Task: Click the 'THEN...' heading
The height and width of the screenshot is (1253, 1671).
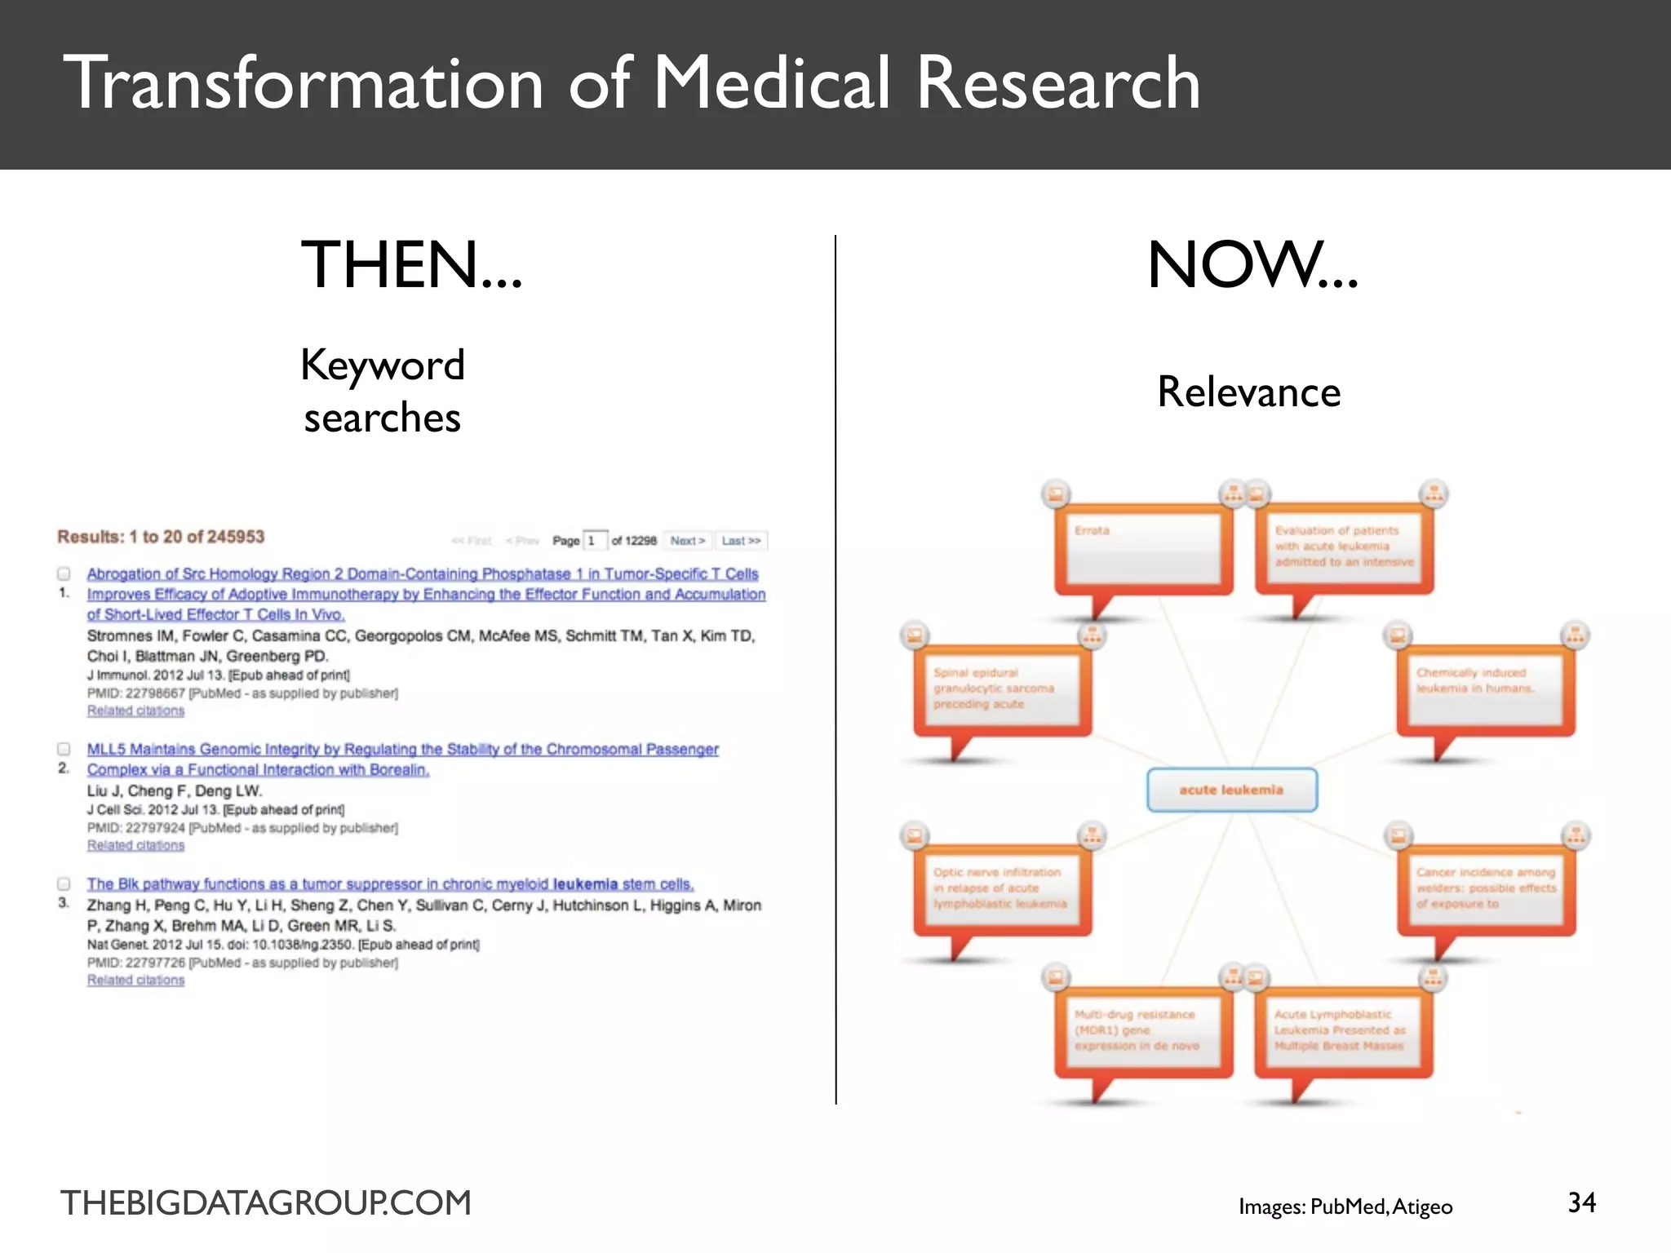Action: point(411,265)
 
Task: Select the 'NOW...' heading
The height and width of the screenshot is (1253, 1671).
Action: point(1252,265)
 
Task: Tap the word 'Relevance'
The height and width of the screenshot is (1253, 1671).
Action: point(1248,392)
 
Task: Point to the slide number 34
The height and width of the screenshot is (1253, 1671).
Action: point(1581,1202)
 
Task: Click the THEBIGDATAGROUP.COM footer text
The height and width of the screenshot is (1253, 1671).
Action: point(266,1203)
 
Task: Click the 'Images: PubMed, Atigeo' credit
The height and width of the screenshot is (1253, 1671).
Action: point(1345,1207)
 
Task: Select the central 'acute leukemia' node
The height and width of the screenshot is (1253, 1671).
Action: point(1231,790)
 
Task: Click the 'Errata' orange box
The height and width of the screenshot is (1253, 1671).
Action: point(1143,548)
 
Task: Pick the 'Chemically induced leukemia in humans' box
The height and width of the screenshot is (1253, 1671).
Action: point(1485,689)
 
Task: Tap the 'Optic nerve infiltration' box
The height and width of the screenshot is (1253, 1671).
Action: point(1002,889)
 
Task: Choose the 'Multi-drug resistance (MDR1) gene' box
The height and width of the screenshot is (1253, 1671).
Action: point(1142,1031)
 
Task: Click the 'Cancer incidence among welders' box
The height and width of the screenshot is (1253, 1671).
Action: point(1486,889)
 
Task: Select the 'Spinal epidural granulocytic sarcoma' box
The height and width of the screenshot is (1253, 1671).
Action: point(1002,689)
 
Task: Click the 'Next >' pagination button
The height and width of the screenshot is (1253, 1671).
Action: point(687,541)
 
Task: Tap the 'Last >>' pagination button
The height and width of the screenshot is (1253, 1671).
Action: point(741,541)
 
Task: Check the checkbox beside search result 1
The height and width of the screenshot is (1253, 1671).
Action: point(64,573)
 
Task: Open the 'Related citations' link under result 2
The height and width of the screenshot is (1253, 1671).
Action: point(135,845)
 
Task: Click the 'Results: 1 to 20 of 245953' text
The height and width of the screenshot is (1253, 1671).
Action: point(161,537)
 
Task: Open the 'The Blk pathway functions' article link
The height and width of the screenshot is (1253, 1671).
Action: point(390,884)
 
